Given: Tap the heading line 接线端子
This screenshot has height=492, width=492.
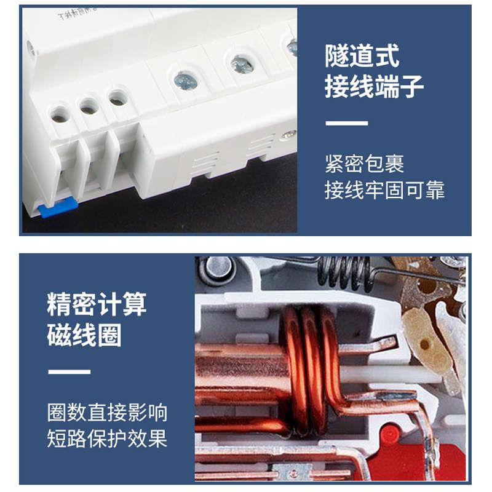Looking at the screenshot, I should click(374, 87).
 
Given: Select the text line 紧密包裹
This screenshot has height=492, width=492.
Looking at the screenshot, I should click(364, 164).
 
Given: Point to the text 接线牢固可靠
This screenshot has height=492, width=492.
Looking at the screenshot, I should click(384, 190).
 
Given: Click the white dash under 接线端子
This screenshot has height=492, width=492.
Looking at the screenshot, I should click(346, 124).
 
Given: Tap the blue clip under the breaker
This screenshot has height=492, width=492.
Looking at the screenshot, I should click(56, 210).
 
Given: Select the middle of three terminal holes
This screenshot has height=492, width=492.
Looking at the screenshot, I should click(89, 106).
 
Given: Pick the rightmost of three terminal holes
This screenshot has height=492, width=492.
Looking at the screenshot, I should click(117, 97).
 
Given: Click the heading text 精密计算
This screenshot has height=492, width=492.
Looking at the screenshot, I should click(97, 304).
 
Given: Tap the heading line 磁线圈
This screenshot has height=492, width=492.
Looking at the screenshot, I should click(84, 336).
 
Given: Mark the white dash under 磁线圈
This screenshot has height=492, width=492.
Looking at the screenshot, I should click(69, 371).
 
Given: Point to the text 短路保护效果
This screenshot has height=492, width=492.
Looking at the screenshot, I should click(107, 438).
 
